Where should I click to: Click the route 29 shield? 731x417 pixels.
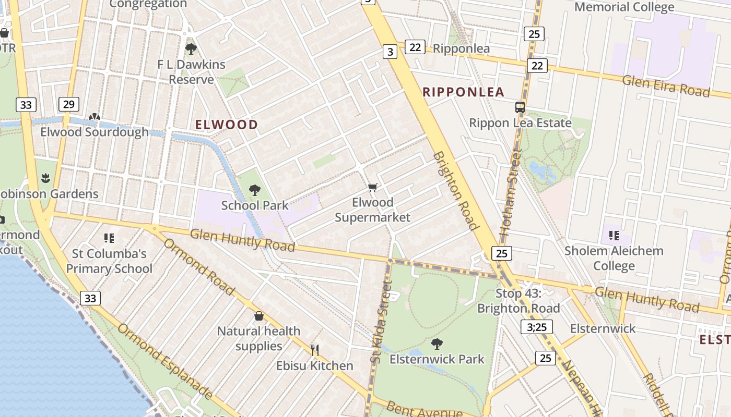(68, 104)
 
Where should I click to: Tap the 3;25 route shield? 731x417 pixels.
(536, 327)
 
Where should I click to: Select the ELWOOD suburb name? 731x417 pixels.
(227, 125)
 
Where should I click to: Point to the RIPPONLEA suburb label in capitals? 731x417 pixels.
(463, 92)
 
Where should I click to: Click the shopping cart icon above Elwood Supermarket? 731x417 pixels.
(372, 187)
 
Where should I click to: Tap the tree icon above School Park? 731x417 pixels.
(254, 190)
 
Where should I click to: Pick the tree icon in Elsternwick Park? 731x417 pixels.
(437, 344)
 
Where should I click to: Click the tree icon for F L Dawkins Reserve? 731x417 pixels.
(191, 49)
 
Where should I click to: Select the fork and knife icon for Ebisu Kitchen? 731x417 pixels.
(314, 350)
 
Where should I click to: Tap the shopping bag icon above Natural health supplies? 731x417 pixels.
(258, 316)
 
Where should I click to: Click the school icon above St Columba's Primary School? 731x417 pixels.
(109, 238)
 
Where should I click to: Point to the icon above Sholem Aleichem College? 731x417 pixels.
(614, 235)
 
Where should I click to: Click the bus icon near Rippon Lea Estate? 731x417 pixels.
(520, 107)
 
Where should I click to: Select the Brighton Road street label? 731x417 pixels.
(456, 191)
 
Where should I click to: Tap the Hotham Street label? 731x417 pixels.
(511, 192)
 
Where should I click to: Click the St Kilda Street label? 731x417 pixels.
(381, 322)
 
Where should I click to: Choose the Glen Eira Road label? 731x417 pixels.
(666, 85)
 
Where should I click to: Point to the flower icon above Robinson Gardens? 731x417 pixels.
(46, 178)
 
